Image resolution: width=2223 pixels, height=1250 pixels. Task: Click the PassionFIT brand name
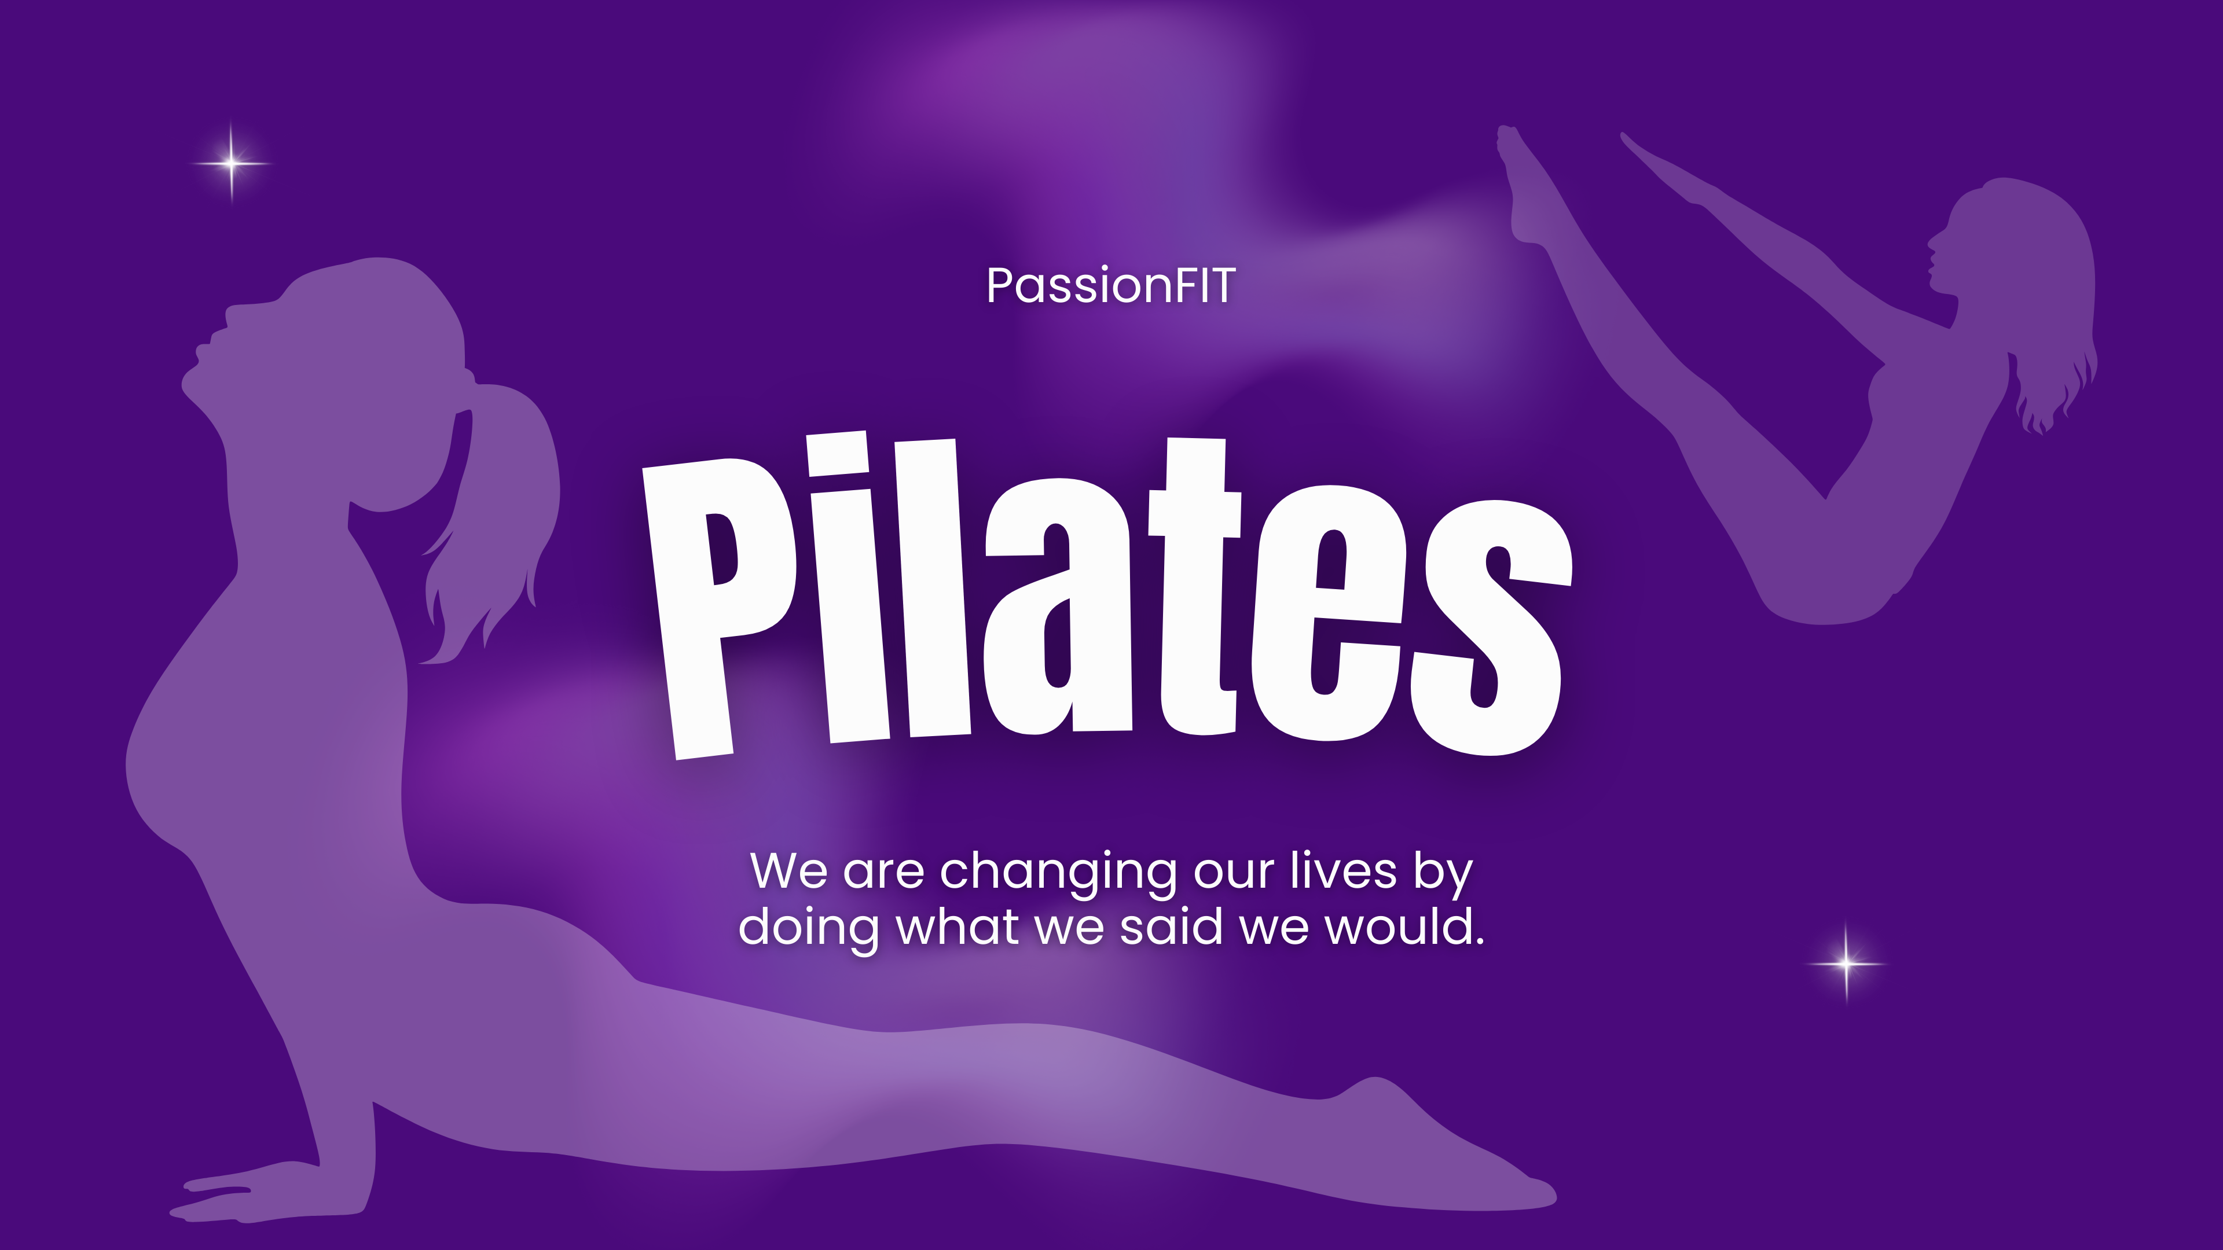tap(1111, 285)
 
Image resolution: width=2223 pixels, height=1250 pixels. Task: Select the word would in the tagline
tap(1402, 927)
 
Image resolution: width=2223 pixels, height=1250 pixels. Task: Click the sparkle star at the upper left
tap(232, 162)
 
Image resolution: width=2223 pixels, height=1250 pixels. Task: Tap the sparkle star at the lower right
tap(1846, 963)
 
